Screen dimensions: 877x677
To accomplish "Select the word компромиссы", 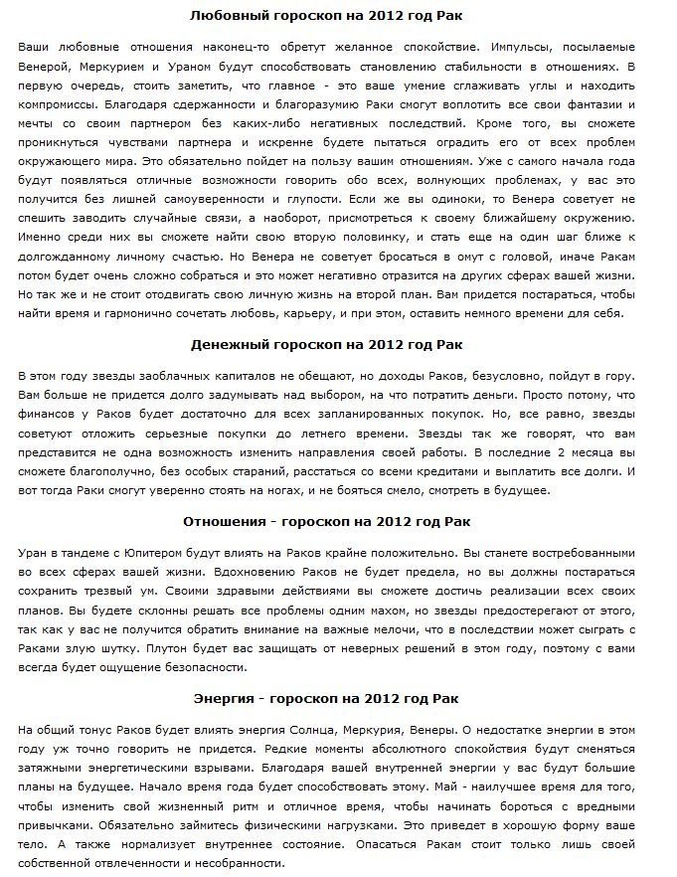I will pos(57,102).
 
